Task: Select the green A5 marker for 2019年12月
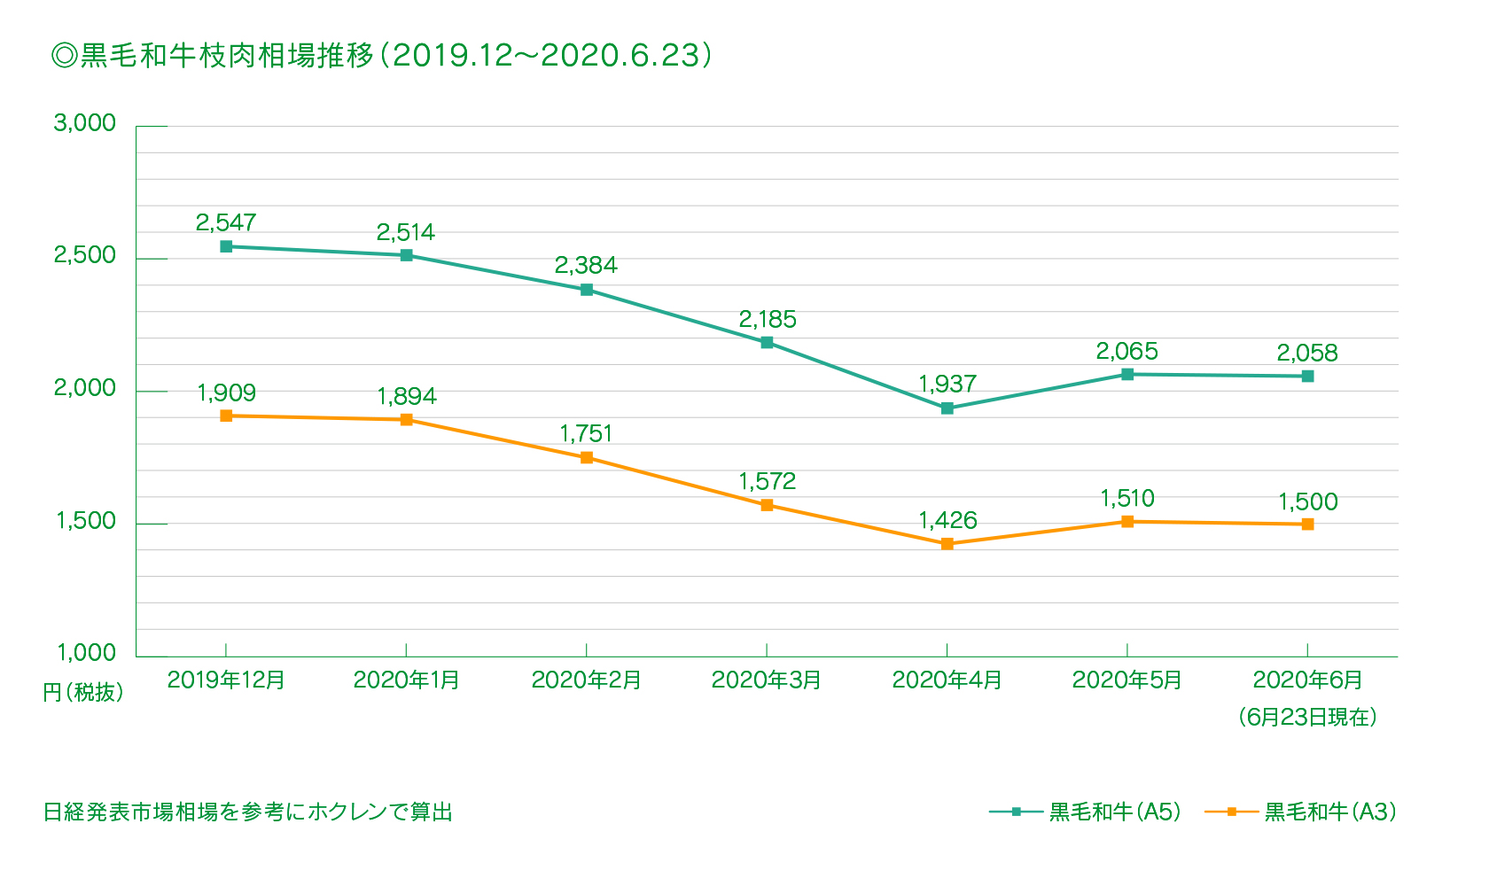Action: [226, 246]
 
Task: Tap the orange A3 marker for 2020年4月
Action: [947, 544]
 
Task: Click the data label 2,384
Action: [586, 265]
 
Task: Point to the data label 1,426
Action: [947, 520]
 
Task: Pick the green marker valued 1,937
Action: [947, 408]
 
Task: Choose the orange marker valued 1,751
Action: [587, 458]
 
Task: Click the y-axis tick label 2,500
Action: [85, 255]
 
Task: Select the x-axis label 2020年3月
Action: [767, 680]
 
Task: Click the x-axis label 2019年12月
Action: [226, 680]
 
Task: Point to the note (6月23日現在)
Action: [1307, 717]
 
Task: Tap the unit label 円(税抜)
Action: [83, 693]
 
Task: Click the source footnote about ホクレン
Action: [248, 812]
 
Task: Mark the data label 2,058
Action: [1307, 353]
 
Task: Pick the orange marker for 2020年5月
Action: [1127, 522]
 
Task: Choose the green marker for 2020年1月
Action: [406, 255]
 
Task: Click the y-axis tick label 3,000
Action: [85, 123]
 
